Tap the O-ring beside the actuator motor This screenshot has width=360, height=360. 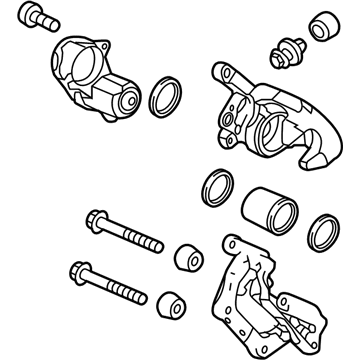(164, 97)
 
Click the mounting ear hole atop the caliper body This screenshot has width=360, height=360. (220, 73)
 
